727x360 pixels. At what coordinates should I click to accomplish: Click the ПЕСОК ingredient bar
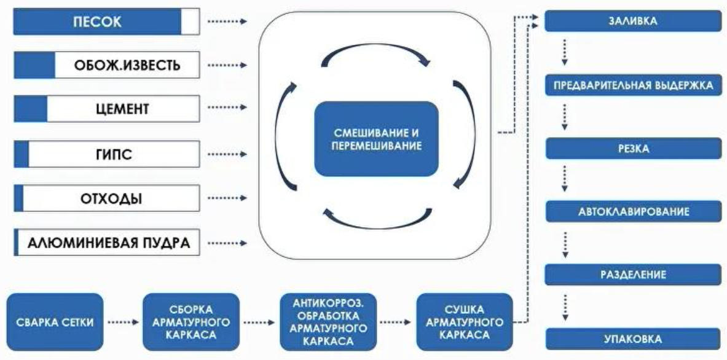pos(106,22)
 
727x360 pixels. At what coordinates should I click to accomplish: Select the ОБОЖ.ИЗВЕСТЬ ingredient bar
pos(106,65)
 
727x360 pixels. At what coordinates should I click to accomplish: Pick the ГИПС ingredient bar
pos(106,154)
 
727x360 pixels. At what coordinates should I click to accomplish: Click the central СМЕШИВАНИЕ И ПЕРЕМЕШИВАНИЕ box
pos(376,139)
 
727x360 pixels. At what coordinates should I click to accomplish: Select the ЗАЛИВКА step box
pos(633,21)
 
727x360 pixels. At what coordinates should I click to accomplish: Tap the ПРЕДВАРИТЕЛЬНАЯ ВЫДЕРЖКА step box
pos(633,85)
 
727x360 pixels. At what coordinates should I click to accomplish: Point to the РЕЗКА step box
pos(633,148)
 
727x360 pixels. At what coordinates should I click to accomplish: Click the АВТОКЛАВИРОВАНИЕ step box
pos(633,211)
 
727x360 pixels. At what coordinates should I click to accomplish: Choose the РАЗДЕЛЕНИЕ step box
pos(633,275)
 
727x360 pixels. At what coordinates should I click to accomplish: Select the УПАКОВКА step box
pos(633,338)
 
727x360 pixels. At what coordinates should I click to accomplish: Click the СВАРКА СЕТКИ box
pos(55,321)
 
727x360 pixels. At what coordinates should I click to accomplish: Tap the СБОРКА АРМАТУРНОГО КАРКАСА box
pos(191,321)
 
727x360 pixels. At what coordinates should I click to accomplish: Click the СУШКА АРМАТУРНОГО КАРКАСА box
pos(464,321)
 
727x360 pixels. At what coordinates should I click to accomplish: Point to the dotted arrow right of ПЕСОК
pos(227,22)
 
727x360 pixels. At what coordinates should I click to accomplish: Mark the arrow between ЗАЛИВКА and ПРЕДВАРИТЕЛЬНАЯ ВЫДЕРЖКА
pos(564,53)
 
